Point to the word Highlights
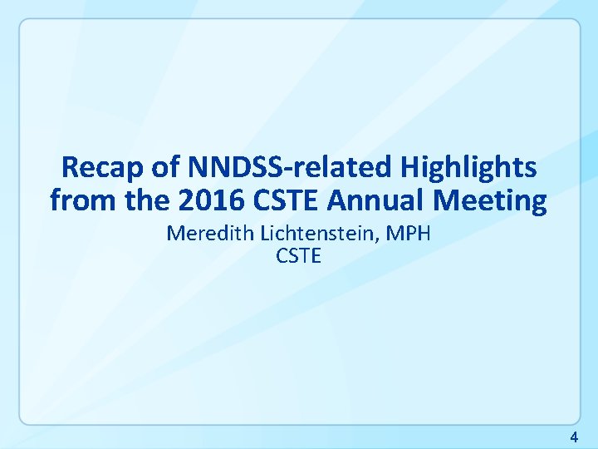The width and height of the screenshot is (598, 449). (468, 168)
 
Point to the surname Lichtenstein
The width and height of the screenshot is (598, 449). (320, 234)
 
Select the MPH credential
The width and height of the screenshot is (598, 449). (410, 234)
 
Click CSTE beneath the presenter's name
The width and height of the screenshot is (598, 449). (298, 256)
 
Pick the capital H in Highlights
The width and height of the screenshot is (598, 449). (409, 168)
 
